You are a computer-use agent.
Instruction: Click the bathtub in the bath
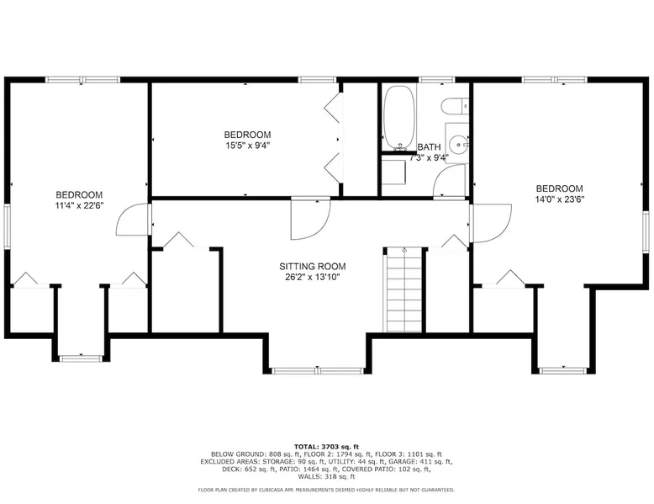click(399, 118)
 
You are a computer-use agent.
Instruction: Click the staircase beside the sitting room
click(404, 289)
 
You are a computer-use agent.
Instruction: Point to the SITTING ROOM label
click(313, 267)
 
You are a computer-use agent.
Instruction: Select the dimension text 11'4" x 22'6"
click(79, 205)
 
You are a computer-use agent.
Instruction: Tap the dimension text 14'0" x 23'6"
click(560, 199)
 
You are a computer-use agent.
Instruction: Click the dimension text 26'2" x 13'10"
click(313, 278)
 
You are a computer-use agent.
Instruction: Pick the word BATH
click(429, 147)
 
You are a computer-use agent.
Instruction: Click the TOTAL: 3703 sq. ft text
click(326, 447)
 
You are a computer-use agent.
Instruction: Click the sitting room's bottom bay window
click(318, 370)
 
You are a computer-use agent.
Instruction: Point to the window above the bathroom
click(436, 79)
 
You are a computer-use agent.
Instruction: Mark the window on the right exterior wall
click(646, 231)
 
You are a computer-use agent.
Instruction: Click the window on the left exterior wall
click(7, 226)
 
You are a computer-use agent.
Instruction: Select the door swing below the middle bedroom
click(311, 220)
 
